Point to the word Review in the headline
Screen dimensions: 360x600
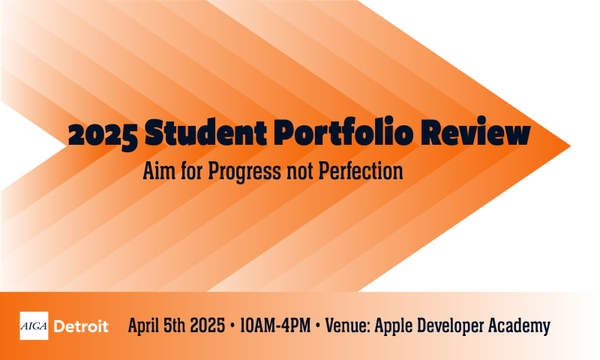pyautogui.click(x=484, y=135)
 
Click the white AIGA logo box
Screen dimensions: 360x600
pyautogui.click(x=34, y=326)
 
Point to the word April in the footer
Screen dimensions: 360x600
pyautogui.click(x=145, y=326)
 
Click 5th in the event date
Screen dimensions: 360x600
pyautogui.click(x=179, y=326)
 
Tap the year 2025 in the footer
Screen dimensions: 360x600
pyautogui.click(x=212, y=326)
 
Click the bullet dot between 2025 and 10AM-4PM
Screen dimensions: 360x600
pyautogui.click(x=235, y=326)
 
